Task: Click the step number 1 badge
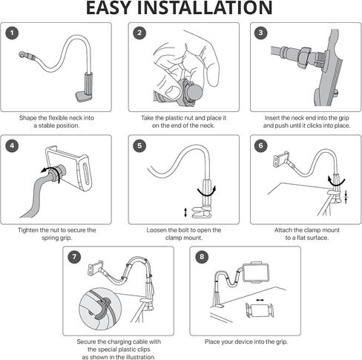click(x=12, y=33)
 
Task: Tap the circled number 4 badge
click(x=12, y=145)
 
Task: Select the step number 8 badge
click(x=202, y=257)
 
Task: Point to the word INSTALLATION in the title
click(x=205, y=8)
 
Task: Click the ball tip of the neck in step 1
click(x=22, y=54)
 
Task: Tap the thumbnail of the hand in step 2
click(x=172, y=89)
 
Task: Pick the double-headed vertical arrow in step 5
click(x=185, y=213)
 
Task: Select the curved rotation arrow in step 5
click(x=207, y=192)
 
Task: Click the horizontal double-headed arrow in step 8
click(x=260, y=300)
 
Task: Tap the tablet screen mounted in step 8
click(x=256, y=273)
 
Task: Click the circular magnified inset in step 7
click(x=100, y=309)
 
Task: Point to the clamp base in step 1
click(x=84, y=96)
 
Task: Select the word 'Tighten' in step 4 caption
click(x=28, y=230)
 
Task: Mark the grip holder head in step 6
click(x=282, y=159)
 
